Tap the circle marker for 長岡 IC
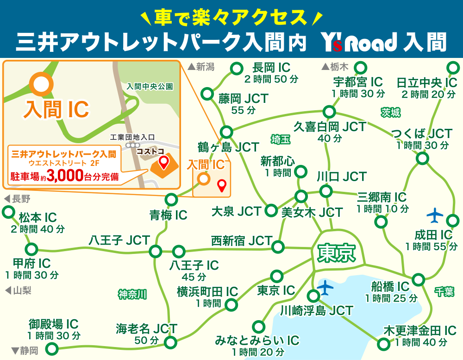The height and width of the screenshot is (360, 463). click(x=237, y=69)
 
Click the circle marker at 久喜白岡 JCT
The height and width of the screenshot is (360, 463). click(x=329, y=112)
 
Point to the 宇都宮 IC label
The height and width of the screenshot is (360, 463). click(x=358, y=82)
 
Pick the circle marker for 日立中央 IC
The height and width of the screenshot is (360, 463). click(x=452, y=68)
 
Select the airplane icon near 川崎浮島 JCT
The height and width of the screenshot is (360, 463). click(x=326, y=287)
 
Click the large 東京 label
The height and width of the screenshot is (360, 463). click(x=337, y=253)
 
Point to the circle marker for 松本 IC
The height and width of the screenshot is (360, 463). click(x=8, y=212)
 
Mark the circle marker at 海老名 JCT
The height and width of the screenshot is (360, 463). click(x=171, y=342)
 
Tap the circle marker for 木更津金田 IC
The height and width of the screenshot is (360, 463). click(x=383, y=344)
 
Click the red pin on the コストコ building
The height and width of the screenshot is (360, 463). click(x=163, y=162)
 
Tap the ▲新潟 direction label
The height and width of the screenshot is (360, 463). click(x=200, y=67)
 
